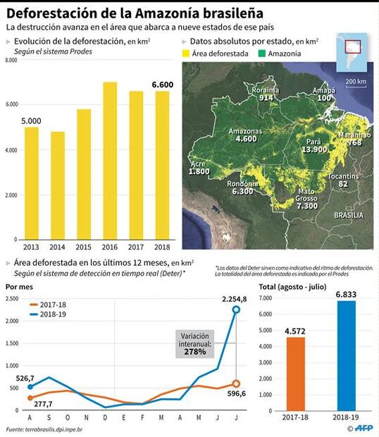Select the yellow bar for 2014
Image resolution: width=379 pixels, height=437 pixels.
(58, 185)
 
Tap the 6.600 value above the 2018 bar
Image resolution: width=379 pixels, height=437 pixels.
(163, 85)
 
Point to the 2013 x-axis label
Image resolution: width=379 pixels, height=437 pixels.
(32, 247)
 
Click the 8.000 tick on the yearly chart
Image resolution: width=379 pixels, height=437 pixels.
(11, 62)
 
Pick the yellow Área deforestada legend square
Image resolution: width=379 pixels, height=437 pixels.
(186, 53)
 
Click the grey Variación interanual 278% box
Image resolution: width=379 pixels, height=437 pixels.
(196, 343)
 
